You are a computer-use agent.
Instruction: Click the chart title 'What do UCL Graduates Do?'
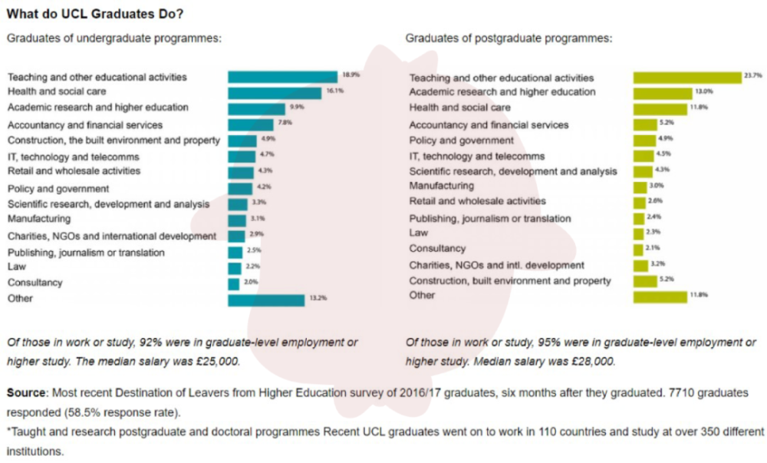pos(95,14)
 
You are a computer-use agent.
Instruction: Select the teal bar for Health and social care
pos(275,93)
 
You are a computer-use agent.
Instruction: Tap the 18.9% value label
pos(351,75)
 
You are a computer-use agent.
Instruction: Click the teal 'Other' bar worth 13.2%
pos(266,300)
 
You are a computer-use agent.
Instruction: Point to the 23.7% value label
pos(753,75)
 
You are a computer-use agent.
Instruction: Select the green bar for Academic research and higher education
pos(663,94)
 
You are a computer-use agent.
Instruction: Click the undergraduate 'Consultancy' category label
pos(35,283)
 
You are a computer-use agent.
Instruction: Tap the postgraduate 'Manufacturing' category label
pos(441,186)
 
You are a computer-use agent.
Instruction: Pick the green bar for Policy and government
pos(644,141)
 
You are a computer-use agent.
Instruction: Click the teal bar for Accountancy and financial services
pos(251,125)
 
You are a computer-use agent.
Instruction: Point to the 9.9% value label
pos(296,107)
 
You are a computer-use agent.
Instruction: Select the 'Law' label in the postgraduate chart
pos(418,233)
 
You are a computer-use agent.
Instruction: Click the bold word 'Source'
pos(26,392)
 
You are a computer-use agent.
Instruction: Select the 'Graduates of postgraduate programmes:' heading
pos(509,38)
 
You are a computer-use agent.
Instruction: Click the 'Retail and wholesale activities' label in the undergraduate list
pos(74,170)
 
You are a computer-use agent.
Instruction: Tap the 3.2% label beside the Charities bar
pos(657,264)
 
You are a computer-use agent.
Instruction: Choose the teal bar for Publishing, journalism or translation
pos(235,253)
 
